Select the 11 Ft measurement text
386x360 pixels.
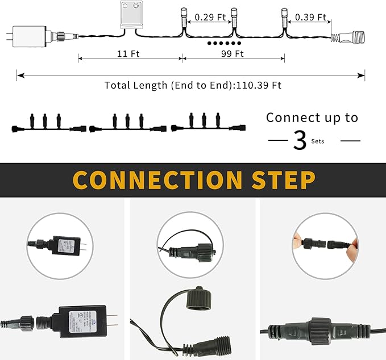click(128, 54)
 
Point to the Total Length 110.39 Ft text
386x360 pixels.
click(193, 85)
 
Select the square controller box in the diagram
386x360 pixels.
click(133, 14)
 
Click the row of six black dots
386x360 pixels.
click(222, 43)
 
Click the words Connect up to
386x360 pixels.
click(312, 118)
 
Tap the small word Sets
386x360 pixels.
click(318, 141)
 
